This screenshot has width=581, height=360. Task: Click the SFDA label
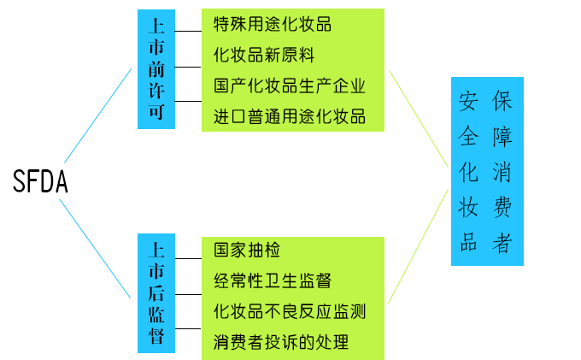pyautogui.click(x=40, y=181)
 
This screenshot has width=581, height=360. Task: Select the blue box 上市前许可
pyautogui.click(x=156, y=69)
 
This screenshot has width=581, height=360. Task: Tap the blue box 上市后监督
pyautogui.click(x=156, y=292)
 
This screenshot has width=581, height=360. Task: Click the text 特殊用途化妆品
pyautogui.click(x=273, y=24)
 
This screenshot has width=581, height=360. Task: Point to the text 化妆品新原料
pyautogui.click(x=264, y=55)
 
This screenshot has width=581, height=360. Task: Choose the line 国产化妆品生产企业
pyautogui.click(x=290, y=86)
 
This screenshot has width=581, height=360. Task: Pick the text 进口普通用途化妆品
pyautogui.click(x=290, y=116)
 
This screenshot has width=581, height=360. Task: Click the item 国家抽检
pyautogui.click(x=247, y=251)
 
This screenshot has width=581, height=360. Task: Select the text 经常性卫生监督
pyautogui.click(x=273, y=280)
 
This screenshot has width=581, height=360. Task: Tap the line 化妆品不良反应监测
pyautogui.click(x=290, y=311)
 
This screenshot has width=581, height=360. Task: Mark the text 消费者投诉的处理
pyautogui.click(x=281, y=342)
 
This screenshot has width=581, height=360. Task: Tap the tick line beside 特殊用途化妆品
pyautogui.click(x=188, y=24)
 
